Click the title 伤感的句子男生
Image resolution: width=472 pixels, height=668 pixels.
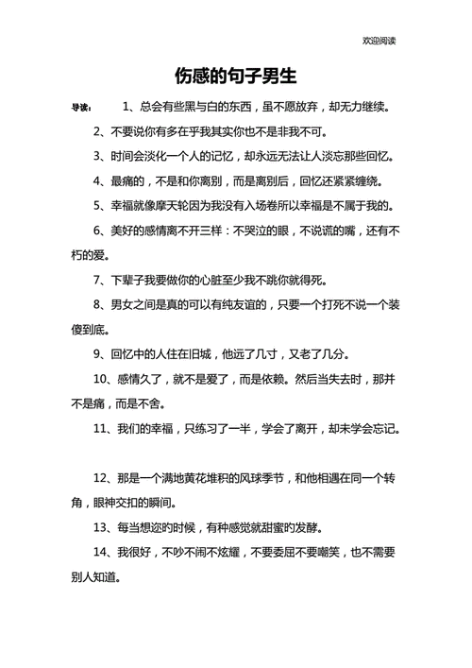[x=236, y=75]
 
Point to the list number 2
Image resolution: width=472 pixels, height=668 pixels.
[x=97, y=130]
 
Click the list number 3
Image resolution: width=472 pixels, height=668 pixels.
[x=97, y=155]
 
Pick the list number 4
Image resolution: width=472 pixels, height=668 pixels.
[x=97, y=180]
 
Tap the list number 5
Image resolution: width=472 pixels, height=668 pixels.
[x=97, y=204]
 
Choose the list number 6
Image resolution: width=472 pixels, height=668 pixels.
[x=97, y=230]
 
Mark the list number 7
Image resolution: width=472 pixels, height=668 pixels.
[x=97, y=280]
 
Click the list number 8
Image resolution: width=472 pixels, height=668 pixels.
[x=97, y=304]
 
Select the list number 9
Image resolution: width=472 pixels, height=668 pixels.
[x=97, y=354]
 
